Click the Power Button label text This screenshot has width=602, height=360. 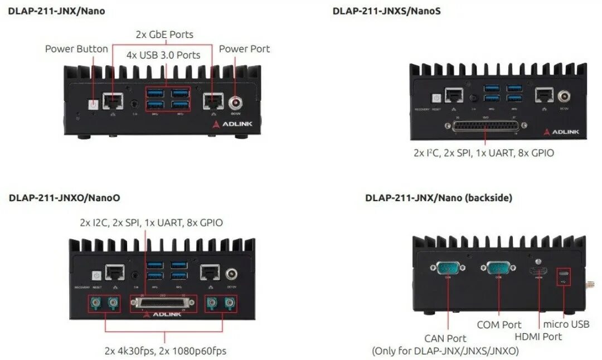(x=76, y=49)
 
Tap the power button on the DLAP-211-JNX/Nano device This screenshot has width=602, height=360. (x=94, y=104)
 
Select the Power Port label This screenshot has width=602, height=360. (x=244, y=49)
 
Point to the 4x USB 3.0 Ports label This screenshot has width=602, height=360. (x=163, y=55)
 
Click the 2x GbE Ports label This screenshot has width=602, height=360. (x=164, y=35)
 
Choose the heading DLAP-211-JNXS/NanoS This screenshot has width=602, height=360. (x=386, y=11)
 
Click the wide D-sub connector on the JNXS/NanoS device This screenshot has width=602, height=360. (x=484, y=127)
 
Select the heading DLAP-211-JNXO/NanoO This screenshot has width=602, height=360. (x=65, y=198)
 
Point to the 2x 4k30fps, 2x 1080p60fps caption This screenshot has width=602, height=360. (x=165, y=351)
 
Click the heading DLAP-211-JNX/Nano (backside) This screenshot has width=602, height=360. (x=439, y=198)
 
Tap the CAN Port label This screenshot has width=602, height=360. (x=445, y=338)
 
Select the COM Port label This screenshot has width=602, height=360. (x=499, y=324)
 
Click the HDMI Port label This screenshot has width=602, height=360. (x=538, y=336)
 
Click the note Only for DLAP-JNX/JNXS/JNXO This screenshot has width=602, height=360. (x=445, y=351)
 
